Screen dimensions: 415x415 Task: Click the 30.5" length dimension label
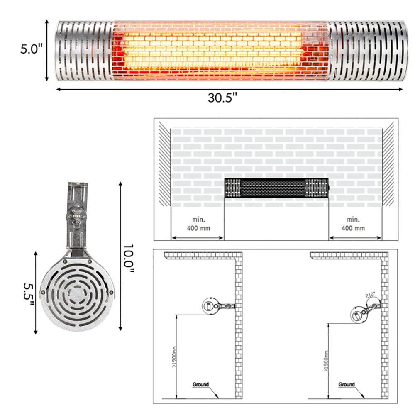coord(222,98)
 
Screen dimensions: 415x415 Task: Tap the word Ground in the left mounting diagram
coord(200,384)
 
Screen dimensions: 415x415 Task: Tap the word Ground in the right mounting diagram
coord(347,384)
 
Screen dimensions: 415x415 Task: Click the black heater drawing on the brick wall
coord(276,188)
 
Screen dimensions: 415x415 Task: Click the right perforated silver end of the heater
coord(365,51)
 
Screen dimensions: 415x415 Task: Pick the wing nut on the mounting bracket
coord(76,216)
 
